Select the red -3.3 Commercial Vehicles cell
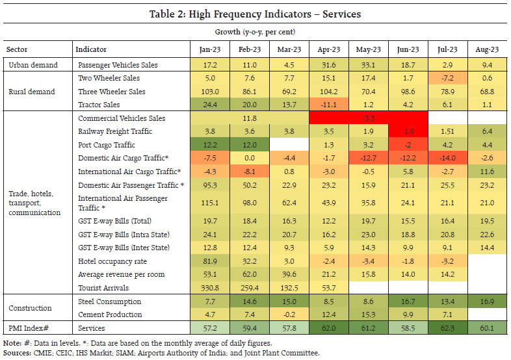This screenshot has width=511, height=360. [x=369, y=119]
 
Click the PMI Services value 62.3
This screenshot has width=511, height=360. [x=447, y=328]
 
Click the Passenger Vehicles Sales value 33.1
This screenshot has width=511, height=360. [x=369, y=65]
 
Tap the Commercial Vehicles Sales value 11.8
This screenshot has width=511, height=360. [x=250, y=119]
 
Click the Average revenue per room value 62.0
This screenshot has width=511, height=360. [x=250, y=274]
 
